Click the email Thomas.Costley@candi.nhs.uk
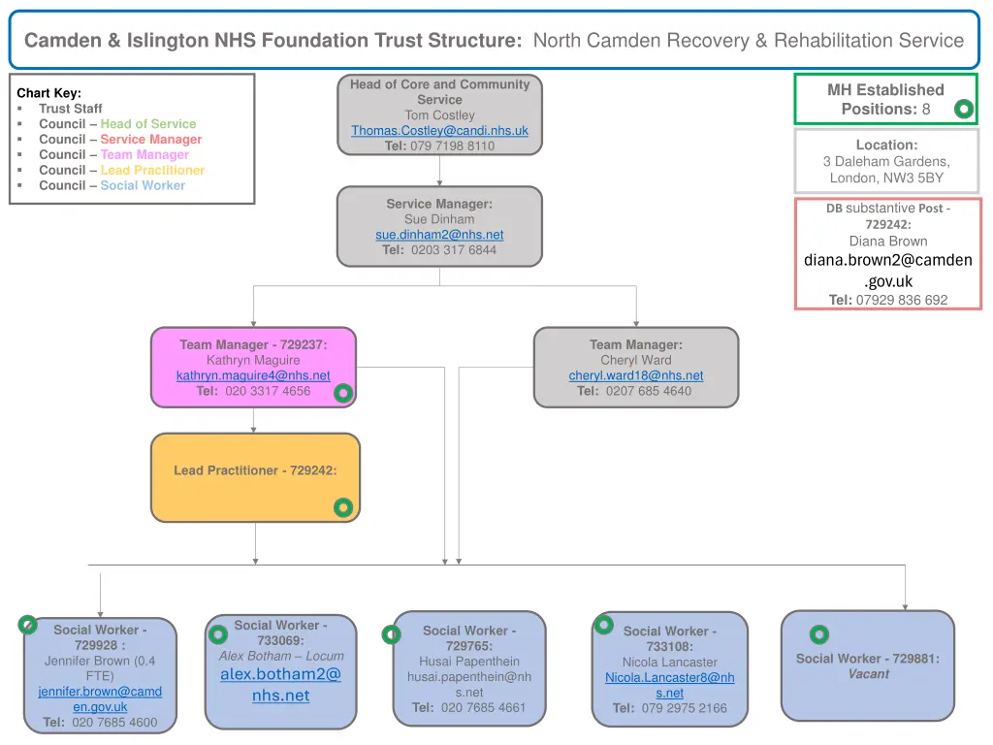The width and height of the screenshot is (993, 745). point(439,131)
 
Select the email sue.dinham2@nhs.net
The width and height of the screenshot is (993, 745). point(439,235)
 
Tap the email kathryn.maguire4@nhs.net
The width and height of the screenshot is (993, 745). point(253,375)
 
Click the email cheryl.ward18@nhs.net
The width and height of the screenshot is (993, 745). point(636,375)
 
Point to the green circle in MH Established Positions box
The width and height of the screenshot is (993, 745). point(963,110)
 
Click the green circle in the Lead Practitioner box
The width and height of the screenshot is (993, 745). point(342,507)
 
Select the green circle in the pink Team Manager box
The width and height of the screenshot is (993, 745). point(342,393)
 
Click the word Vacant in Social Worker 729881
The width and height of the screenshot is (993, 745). point(868,674)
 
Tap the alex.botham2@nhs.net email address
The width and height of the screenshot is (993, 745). point(280,684)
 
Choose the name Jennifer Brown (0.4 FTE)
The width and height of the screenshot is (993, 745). point(100,668)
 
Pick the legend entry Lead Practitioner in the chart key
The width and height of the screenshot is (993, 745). point(152,170)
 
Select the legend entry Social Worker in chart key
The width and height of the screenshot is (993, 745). point(143,185)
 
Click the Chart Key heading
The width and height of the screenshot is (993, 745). point(48,93)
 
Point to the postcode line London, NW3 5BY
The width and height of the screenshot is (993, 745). point(886,178)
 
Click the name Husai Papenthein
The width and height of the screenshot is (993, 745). point(469,662)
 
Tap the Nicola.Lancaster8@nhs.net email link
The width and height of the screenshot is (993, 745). point(669,685)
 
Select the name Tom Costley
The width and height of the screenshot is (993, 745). point(439,115)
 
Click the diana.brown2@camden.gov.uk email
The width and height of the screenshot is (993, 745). point(888,270)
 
